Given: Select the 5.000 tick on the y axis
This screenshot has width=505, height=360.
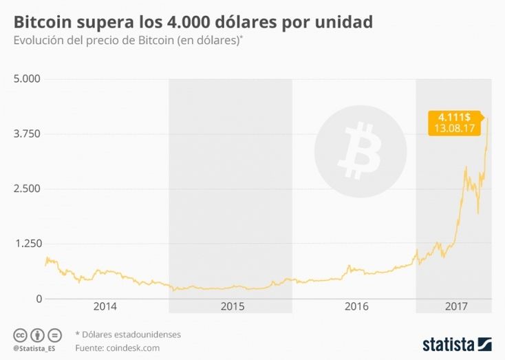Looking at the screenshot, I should click(x=28, y=79).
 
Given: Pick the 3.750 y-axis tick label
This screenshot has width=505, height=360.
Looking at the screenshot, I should click(x=28, y=134).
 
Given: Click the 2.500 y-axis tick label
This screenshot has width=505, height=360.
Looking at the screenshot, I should click(x=28, y=189).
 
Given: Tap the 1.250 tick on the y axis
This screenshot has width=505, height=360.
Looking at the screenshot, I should click(x=28, y=244).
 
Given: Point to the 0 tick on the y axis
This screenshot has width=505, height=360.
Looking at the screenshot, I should click(x=38, y=299).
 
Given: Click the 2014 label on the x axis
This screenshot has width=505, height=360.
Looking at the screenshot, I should click(x=105, y=306).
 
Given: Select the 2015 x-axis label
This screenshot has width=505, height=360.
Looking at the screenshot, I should click(x=232, y=306).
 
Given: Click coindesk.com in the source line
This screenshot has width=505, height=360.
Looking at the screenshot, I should click(x=133, y=348).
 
